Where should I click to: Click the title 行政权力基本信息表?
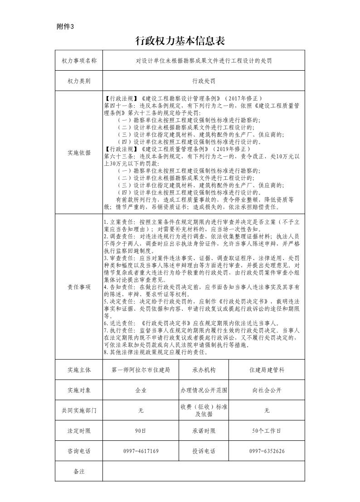click(x=180, y=42)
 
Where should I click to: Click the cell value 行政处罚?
click(x=204, y=81)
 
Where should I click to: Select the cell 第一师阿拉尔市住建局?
click(x=141, y=370)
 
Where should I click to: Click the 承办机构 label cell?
click(x=204, y=370)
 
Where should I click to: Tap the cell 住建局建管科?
click(x=267, y=370)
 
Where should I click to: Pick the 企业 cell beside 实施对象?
click(x=141, y=390)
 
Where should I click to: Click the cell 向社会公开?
click(x=267, y=390)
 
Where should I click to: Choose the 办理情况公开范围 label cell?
click(x=204, y=390)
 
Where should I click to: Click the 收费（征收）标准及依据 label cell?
click(x=204, y=410)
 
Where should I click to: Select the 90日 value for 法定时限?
click(x=141, y=431)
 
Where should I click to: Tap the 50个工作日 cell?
click(x=267, y=431)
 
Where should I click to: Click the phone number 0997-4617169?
click(x=141, y=451)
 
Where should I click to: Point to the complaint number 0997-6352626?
click(x=267, y=451)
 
